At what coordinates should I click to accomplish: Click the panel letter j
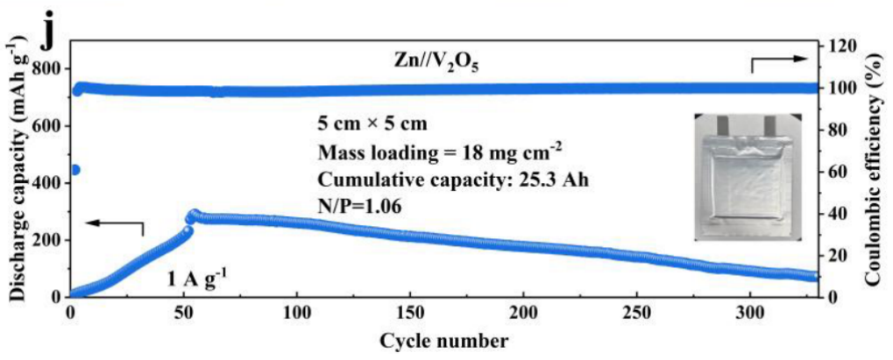tap(53, 32)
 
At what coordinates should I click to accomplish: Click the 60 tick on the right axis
tap(837, 172)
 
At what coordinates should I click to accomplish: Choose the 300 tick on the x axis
tap(751, 314)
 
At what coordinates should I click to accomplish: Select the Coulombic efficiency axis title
tap(872, 166)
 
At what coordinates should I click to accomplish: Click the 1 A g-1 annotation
tap(198, 280)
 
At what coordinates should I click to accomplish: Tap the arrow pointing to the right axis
tap(779, 61)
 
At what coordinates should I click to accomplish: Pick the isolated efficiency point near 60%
tap(74, 170)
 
